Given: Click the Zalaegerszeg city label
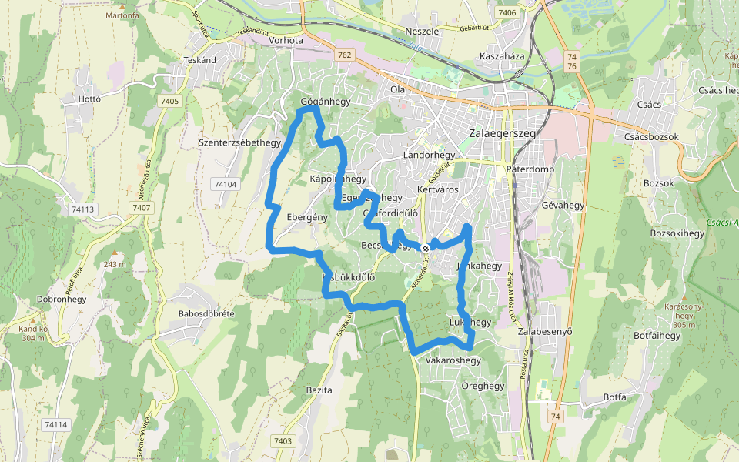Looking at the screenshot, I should pos(501,132).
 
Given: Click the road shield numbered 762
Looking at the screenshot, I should pos(344,55).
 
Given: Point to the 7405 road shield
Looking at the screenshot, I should pos(170,102).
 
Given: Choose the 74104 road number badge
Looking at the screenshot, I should pos(226,185).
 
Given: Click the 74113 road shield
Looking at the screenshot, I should pos(81,209).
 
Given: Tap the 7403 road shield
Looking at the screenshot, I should pos(283,440).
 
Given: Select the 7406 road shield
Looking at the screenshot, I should pos(507,13).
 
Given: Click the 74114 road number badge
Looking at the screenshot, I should pos(56,425).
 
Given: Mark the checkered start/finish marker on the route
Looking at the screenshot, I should pos(425,247).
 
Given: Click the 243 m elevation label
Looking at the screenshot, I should pos(114,265).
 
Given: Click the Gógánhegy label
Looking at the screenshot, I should pos(325,102).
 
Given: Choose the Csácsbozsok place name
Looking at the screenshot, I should pos(651,137).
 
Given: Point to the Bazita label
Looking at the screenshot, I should pos(319,390).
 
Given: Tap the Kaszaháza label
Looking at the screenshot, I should pos(501,57).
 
